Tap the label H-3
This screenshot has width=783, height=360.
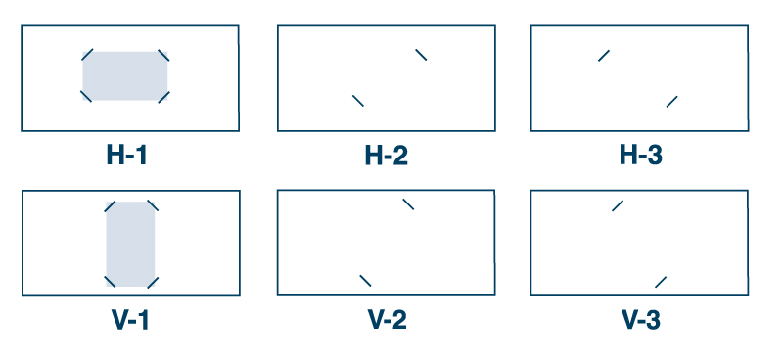641,155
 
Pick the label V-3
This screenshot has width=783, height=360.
641,319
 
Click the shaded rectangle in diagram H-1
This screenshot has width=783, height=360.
125,75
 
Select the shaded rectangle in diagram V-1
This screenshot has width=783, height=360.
130,244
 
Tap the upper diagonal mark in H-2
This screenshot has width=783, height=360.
421,54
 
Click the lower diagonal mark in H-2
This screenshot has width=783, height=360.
358,100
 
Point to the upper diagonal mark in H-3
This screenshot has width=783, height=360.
604,55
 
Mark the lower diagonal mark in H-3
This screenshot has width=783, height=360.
672,101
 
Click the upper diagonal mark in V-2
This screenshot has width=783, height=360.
408,203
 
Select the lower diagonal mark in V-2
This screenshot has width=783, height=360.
365,281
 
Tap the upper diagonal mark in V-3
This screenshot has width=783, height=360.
618,204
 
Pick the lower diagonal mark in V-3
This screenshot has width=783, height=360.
661,281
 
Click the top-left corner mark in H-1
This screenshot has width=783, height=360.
87,55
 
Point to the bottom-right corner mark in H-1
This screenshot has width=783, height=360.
163,96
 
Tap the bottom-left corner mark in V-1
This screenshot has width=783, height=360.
110,282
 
